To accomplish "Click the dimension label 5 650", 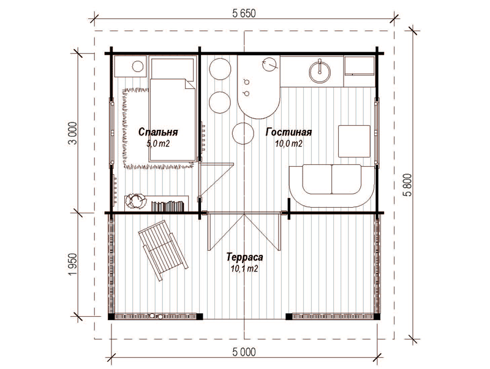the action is (244, 13).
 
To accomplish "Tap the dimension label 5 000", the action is (244, 352).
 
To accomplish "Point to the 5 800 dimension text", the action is (407, 184).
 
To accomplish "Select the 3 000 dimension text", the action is (72, 133).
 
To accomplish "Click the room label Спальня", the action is (158, 132).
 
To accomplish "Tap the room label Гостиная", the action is (288, 132).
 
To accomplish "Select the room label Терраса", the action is (244, 257).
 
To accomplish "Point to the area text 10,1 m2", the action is (244, 268).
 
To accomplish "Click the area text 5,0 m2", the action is (158, 143).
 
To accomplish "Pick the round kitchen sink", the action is (319, 72).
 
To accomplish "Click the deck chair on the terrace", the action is (162, 250).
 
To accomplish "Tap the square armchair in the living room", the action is (354, 141).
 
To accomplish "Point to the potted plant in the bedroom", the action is (136, 201).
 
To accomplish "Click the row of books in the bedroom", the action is (167, 206).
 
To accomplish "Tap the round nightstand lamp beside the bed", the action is (137, 66).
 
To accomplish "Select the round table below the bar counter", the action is (243, 133).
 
